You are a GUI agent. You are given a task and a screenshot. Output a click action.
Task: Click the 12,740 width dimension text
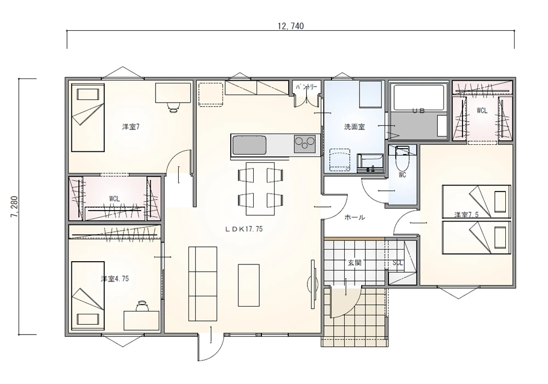pos(290,26)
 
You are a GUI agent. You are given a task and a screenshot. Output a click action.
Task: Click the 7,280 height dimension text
pos(15,207)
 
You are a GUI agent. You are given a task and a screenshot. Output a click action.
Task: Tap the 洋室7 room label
pos(131,127)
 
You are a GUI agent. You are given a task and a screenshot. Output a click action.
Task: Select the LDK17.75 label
pos(244,229)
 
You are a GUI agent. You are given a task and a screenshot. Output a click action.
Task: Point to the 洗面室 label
pos(355,127)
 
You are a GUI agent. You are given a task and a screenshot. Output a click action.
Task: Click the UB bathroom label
pos(418,111)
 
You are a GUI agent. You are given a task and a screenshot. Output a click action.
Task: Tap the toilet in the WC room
pos(402,157)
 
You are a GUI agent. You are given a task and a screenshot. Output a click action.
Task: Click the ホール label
pos(355,217)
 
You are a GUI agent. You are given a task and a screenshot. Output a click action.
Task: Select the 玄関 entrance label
pos(355,262)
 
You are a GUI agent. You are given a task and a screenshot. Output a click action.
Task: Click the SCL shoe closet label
pos(398,262)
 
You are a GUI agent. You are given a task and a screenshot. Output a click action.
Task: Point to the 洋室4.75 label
pos(115,279)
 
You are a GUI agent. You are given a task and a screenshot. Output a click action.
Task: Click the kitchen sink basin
pos(249,145)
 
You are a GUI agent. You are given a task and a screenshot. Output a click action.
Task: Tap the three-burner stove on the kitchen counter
pos(304,144)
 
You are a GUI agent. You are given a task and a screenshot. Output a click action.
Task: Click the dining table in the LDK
pos(260,189)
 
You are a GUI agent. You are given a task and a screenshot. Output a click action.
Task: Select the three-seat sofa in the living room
pos(203,284)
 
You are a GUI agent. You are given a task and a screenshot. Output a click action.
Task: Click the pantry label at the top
pos(306,87)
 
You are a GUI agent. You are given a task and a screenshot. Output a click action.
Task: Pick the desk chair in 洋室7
pos(173,106)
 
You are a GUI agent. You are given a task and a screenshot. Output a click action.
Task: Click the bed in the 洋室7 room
pos(88,117)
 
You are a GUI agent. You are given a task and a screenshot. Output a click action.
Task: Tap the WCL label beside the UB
pos(482,111)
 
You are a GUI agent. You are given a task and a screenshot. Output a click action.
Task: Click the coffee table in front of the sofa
pos(249,285)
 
